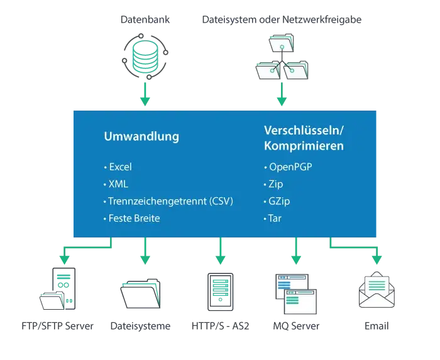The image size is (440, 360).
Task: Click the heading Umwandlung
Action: tap(141, 136)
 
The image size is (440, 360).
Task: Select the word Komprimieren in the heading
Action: tap(304, 146)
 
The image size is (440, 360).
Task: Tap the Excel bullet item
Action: tap(120, 167)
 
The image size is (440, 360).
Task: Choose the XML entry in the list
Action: tap(118, 184)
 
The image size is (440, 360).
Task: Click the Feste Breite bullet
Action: tap(134, 218)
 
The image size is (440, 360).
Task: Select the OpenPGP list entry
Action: tap(290, 167)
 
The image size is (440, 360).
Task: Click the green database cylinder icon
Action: tap(145, 56)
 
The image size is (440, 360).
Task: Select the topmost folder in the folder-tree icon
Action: tap(282, 43)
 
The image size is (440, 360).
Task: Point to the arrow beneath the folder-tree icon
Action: tap(282, 97)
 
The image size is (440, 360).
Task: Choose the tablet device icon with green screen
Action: tap(221, 291)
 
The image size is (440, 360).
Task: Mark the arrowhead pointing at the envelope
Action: tap(377, 259)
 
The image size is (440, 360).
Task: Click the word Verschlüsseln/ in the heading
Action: tap(304, 131)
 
